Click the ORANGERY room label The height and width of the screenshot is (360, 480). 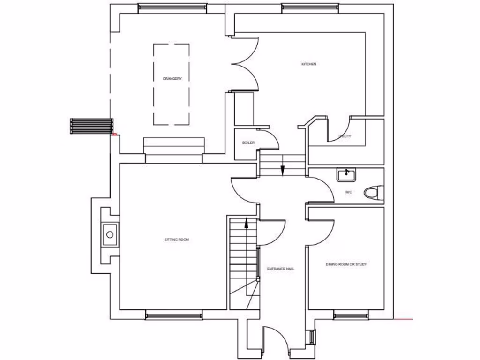pyautogui.click(x=172, y=79)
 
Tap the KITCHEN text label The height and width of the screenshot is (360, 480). pyautogui.click(x=308, y=64)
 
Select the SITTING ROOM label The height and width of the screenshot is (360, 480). pyautogui.click(x=176, y=240)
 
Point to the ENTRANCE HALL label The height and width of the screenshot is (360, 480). pyautogui.click(x=281, y=269)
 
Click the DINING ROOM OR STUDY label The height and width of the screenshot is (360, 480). pyautogui.click(x=346, y=264)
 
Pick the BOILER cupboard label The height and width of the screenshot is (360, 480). pyautogui.click(x=248, y=142)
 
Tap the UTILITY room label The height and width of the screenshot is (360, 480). pyautogui.click(x=345, y=137)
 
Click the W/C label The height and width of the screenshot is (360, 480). pyautogui.click(x=349, y=192)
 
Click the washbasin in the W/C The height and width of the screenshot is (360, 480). pyautogui.click(x=346, y=175)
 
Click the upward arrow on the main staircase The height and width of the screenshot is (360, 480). pyautogui.click(x=246, y=224)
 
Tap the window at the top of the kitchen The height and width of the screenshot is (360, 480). pyautogui.click(x=311, y=7)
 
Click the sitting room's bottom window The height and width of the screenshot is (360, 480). pyautogui.click(x=173, y=315)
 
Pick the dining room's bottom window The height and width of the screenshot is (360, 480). pyautogui.click(x=351, y=315)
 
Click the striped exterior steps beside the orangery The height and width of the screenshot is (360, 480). pyautogui.click(x=92, y=126)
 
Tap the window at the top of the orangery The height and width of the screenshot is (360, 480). pyautogui.click(x=172, y=7)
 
